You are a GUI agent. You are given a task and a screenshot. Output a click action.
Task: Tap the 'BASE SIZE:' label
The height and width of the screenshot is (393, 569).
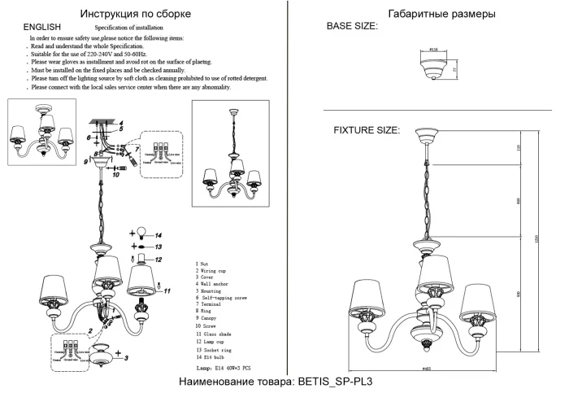(x=352, y=27)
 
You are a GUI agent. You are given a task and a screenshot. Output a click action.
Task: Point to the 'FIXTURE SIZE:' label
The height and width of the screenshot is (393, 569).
(x=367, y=130)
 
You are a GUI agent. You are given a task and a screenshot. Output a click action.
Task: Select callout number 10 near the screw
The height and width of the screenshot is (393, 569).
(x=116, y=173)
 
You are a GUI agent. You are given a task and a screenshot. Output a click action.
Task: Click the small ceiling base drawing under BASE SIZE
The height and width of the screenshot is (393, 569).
(x=432, y=70)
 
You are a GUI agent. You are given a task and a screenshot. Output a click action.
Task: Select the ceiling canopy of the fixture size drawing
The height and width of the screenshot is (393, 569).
(x=428, y=135)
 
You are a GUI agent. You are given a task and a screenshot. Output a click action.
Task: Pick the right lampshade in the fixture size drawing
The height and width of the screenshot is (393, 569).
(x=479, y=303)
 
